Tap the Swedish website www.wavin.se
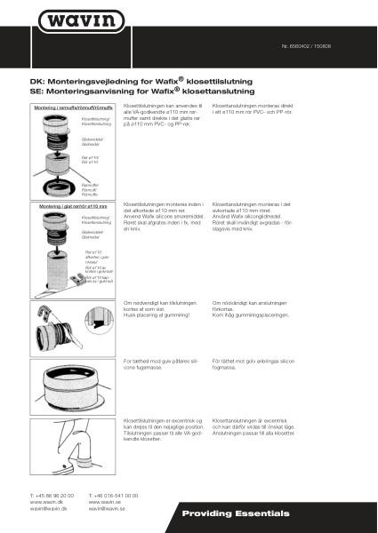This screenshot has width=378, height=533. [x=105, y=502]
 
